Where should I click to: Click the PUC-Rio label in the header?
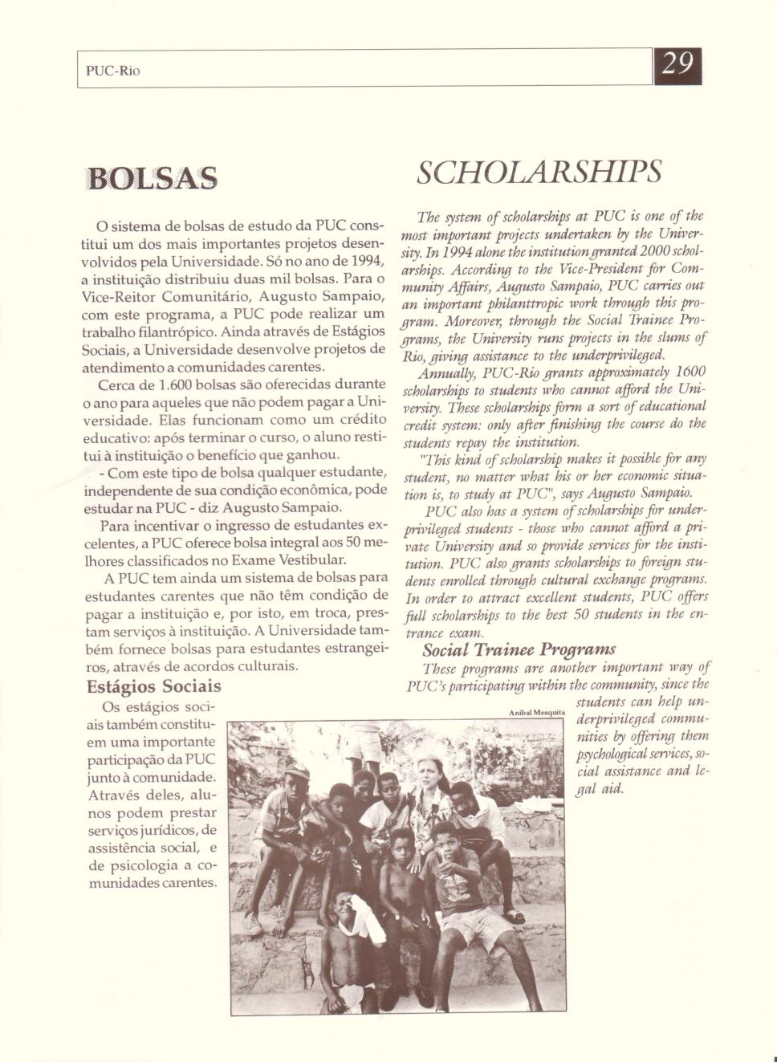[x=112, y=71]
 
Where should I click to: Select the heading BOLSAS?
[x=152, y=178]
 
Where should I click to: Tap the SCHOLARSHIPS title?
[x=539, y=171]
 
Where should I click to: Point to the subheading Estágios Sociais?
[x=153, y=687]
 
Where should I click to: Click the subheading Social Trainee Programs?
[x=519, y=649]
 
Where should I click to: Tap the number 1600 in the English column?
[x=690, y=372]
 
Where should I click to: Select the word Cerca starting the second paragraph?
[x=119, y=385]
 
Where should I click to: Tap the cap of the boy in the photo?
[x=295, y=775]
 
